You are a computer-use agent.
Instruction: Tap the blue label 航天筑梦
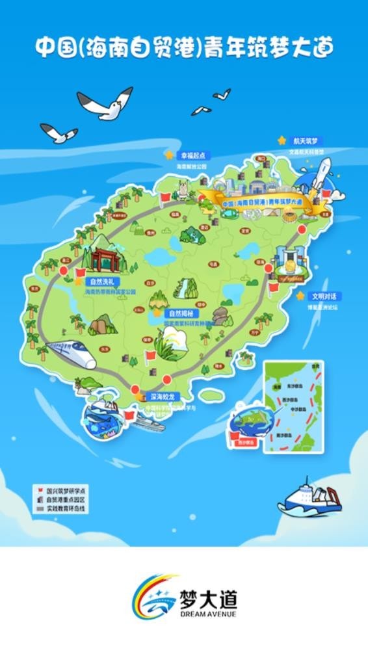[308, 140]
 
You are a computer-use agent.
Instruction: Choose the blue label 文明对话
[324, 296]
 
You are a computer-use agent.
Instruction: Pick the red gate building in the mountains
[105, 258]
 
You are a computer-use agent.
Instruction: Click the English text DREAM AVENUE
[207, 614]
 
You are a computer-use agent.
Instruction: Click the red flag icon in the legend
[38, 485]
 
